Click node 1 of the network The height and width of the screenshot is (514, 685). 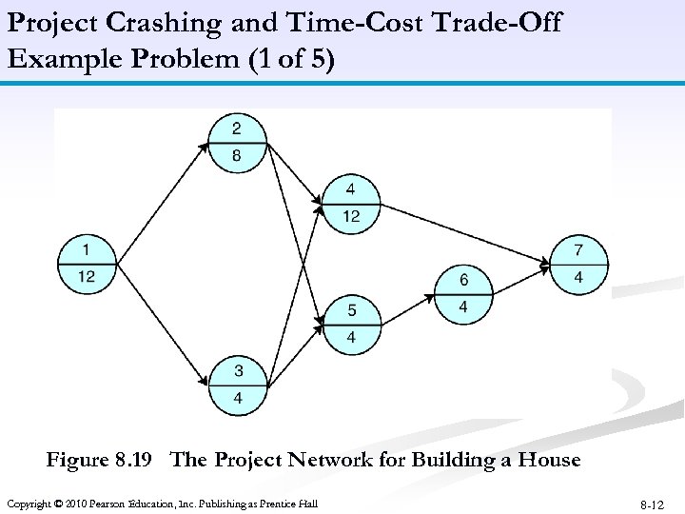[87, 263]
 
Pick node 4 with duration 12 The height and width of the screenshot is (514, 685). [351, 202]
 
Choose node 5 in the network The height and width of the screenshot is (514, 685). [351, 324]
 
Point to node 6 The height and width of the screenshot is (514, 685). [463, 293]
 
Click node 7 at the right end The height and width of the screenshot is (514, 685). [578, 264]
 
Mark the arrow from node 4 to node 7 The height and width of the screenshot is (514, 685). [466, 233]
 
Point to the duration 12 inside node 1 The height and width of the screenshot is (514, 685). [87, 276]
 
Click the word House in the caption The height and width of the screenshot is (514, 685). [547, 460]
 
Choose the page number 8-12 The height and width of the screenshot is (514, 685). [653, 504]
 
